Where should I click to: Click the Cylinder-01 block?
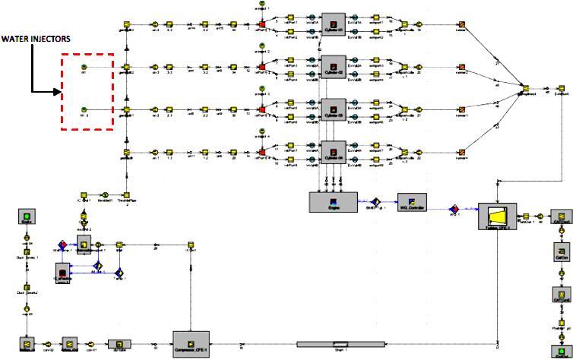click(x=331, y=21)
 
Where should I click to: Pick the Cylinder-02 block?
click(x=331, y=65)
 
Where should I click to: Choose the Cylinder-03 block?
click(x=331, y=107)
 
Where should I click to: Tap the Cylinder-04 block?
click(x=331, y=151)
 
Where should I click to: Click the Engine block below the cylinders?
click(x=331, y=201)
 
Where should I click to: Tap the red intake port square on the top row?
click(x=261, y=25)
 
